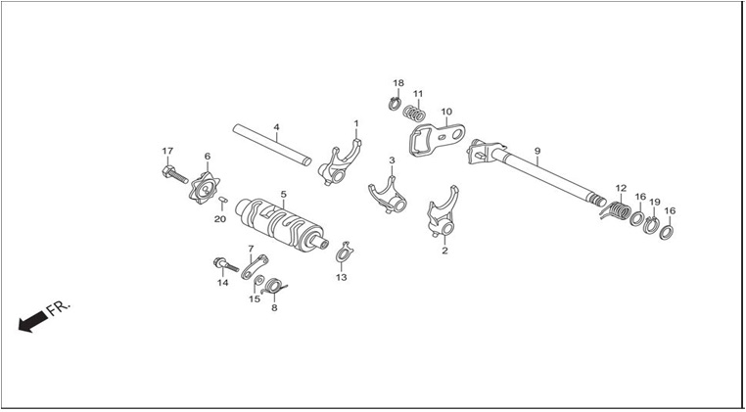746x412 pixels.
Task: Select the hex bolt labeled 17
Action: (x=174, y=174)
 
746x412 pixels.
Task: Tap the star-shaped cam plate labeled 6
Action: (x=204, y=189)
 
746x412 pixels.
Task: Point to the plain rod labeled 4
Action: (x=272, y=145)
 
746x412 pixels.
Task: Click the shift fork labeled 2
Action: (x=443, y=211)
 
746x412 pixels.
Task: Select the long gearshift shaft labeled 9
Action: (x=536, y=172)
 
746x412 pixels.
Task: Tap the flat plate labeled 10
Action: (x=437, y=138)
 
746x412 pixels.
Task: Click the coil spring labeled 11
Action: (x=414, y=114)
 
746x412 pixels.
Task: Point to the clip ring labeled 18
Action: (x=395, y=103)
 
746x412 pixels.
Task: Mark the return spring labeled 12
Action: (x=616, y=209)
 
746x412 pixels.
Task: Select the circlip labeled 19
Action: (x=651, y=224)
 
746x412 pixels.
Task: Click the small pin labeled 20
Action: (x=222, y=200)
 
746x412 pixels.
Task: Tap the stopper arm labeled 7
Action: (x=255, y=267)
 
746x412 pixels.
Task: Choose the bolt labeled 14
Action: (x=225, y=264)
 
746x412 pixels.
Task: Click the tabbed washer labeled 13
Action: (x=344, y=252)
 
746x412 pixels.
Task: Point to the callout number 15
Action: (x=255, y=299)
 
